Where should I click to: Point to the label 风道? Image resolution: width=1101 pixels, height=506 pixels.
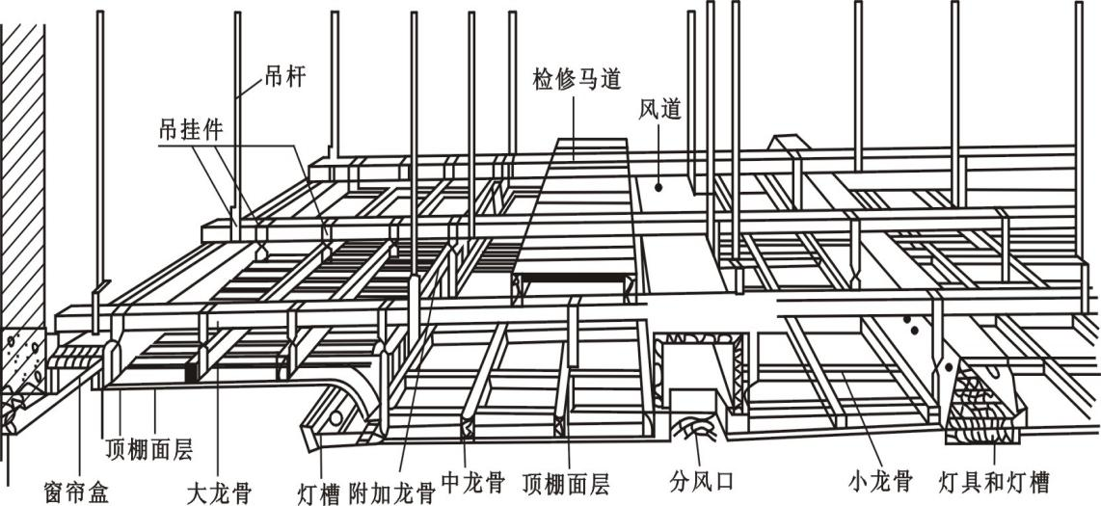coord(659,110)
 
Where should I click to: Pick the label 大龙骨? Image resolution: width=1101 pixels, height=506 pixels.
coord(219,493)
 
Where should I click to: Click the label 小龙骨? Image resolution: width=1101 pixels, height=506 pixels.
coord(880,479)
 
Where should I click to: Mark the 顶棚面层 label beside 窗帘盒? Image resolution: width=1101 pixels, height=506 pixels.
coord(149,448)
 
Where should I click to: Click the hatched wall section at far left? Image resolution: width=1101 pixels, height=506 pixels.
coord(21,173)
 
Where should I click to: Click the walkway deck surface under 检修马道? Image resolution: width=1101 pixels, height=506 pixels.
coord(574,212)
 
